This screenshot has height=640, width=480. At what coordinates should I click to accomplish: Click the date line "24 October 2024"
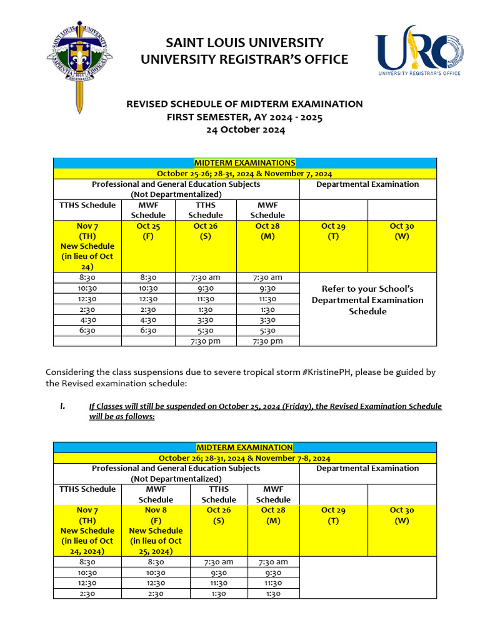tap(245, 130)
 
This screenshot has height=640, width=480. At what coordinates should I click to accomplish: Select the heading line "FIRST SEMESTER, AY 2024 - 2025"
tap(245, 117)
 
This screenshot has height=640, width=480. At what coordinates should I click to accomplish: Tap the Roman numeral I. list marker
tap(62, 406)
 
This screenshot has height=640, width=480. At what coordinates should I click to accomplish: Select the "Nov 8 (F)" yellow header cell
tap(156, 530)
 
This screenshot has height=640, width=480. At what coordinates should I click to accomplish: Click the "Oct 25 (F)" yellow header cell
tap(148, 231)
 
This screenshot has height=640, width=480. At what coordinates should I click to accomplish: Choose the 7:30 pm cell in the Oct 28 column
tap(267, 341)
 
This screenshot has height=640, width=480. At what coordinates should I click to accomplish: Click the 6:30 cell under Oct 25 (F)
tap(148, 331)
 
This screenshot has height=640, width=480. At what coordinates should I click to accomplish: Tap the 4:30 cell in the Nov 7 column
tap(87, 320)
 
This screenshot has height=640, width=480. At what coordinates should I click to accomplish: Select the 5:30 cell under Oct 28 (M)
tap(267, 331)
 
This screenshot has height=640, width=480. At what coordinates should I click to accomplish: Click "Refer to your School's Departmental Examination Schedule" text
tap(367, 300)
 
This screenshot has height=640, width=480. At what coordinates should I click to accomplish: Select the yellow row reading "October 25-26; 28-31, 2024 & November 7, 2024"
tap(244, 174)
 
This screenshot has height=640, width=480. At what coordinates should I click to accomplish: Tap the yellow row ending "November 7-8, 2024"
tap(244, 458)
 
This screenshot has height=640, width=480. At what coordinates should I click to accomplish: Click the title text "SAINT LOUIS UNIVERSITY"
tap(244, 42)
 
